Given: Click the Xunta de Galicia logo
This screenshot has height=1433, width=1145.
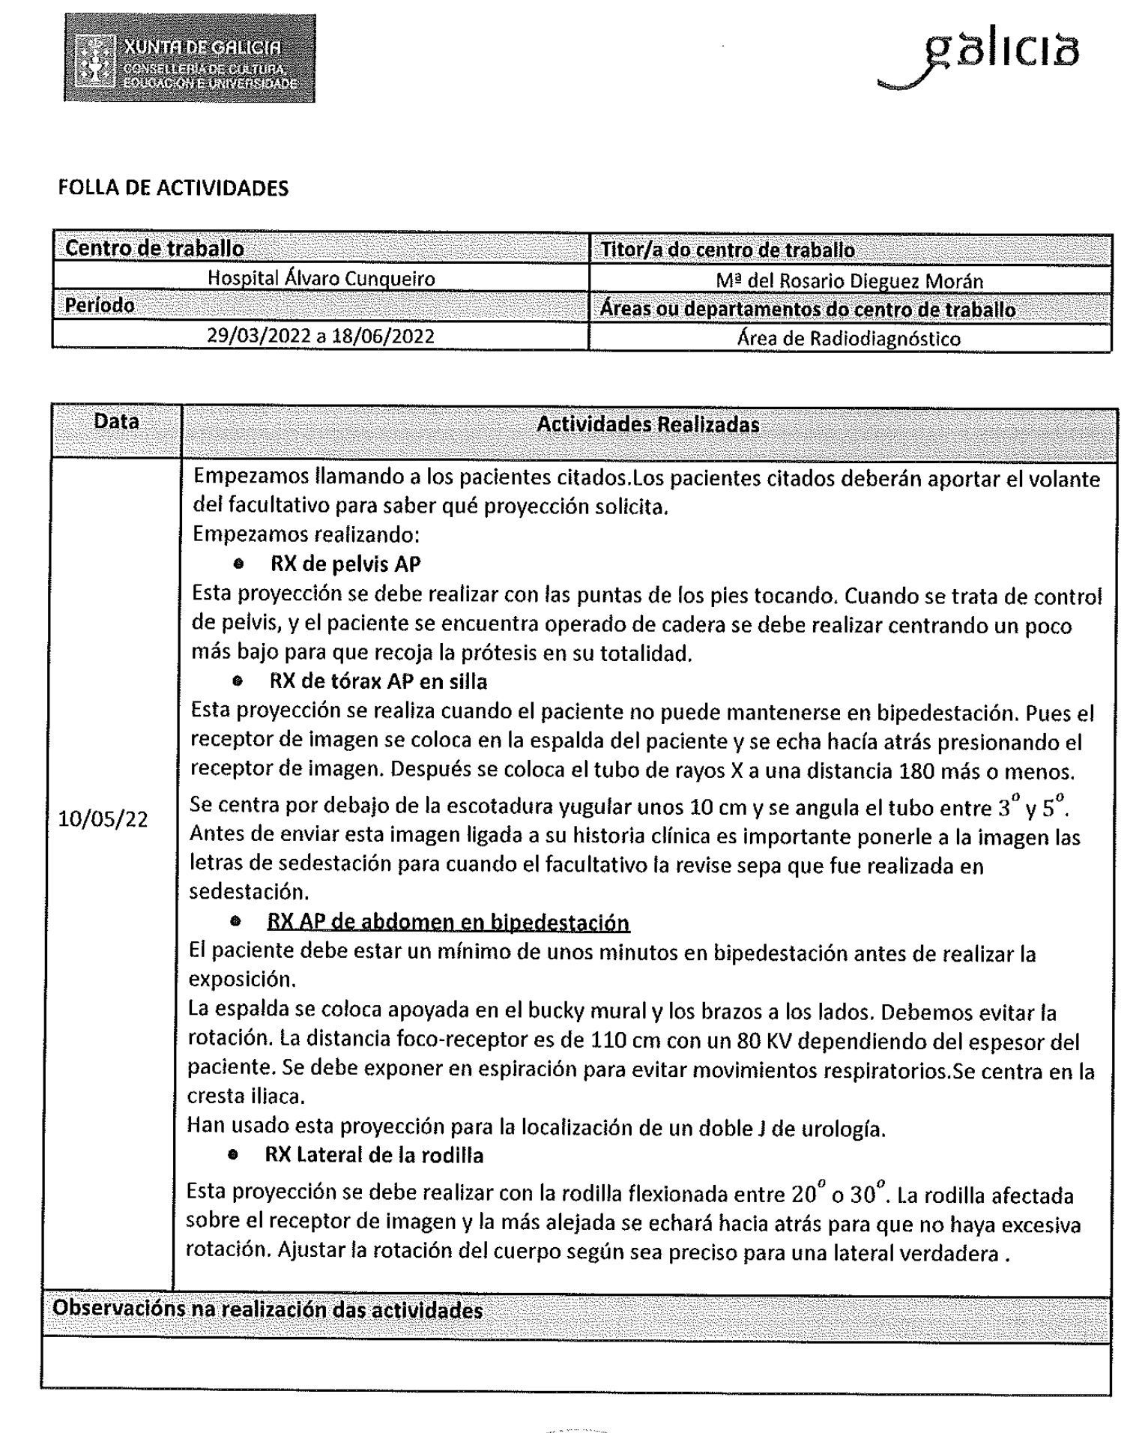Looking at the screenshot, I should tap(189, 58).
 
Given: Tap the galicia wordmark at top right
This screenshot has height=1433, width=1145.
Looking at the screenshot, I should tap(982, 60).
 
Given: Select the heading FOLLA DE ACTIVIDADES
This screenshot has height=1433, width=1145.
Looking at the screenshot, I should tap(173, 187).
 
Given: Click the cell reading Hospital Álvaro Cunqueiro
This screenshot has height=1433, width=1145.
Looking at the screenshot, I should tap(321, 279).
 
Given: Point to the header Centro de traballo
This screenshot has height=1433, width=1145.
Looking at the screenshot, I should tap(154, 248).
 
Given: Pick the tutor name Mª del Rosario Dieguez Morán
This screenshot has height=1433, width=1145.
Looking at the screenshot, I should tap(849, 281).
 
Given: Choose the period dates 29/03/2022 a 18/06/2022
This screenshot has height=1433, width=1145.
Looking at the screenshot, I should tap(321, 335).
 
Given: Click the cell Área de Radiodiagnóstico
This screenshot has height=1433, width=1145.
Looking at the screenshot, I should tap(848, 339).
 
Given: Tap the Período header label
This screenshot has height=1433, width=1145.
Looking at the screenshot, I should tap(100, 306).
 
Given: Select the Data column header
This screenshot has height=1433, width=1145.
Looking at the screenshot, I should tap(116, 422).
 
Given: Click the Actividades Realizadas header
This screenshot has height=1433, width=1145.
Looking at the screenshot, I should tap(648, 425).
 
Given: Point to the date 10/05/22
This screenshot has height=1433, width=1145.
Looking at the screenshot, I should tap(103, 819).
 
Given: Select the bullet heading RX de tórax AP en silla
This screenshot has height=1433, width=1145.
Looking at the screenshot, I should tap(378, 681).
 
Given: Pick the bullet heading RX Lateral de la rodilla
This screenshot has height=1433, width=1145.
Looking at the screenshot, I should tap(374, 1155).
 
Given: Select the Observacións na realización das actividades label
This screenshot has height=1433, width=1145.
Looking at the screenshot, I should tap(268, 1309).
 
